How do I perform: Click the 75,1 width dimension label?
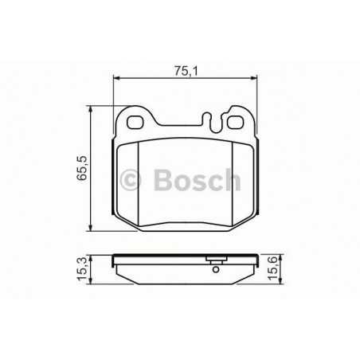click(186, 71)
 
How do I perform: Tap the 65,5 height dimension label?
click(82, 168)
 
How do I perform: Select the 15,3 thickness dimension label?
click(82, 268)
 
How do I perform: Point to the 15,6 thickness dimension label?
click(272, 268)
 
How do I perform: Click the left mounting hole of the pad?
click(135, 122)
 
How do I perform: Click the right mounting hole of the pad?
click(234, 122)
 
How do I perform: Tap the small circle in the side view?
click(216, 269)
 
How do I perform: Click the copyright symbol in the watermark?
click(130, 180)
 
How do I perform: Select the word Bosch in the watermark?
click(197, 180)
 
